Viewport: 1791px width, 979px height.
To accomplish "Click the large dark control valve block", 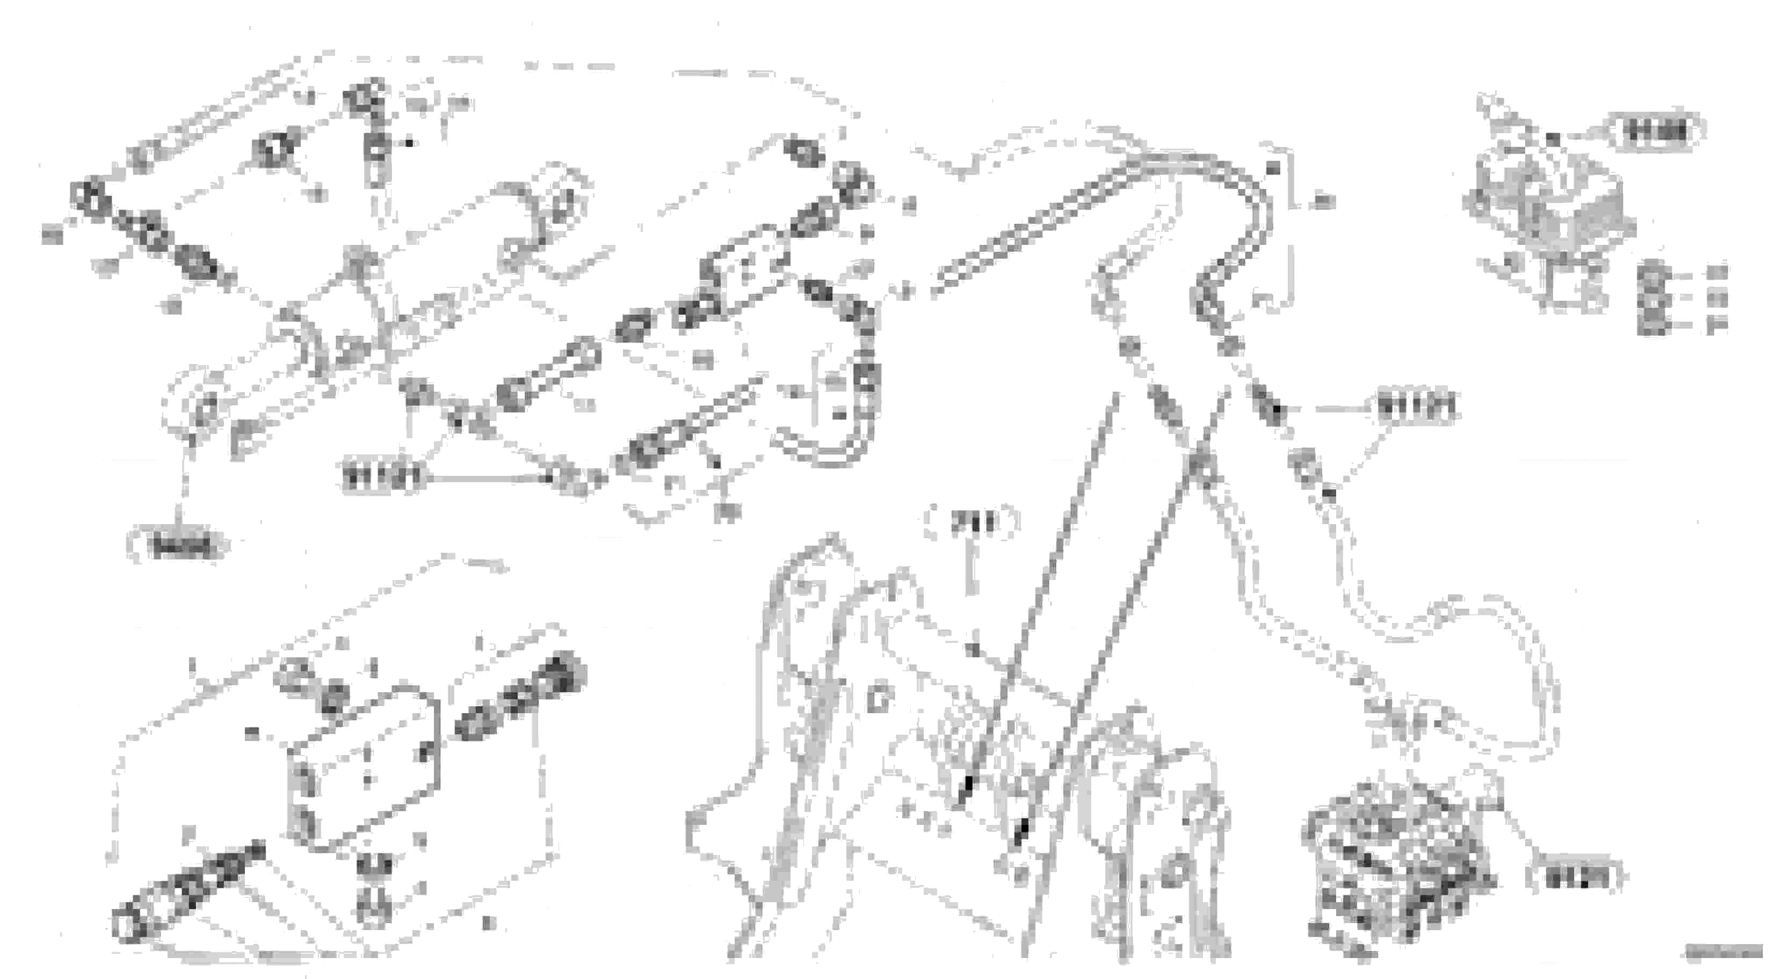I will click(x=1397, y=869).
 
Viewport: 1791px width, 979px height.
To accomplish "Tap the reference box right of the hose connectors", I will click(x=1416, y=408).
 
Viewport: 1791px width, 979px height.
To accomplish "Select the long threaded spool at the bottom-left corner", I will click(x=184, y=890).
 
